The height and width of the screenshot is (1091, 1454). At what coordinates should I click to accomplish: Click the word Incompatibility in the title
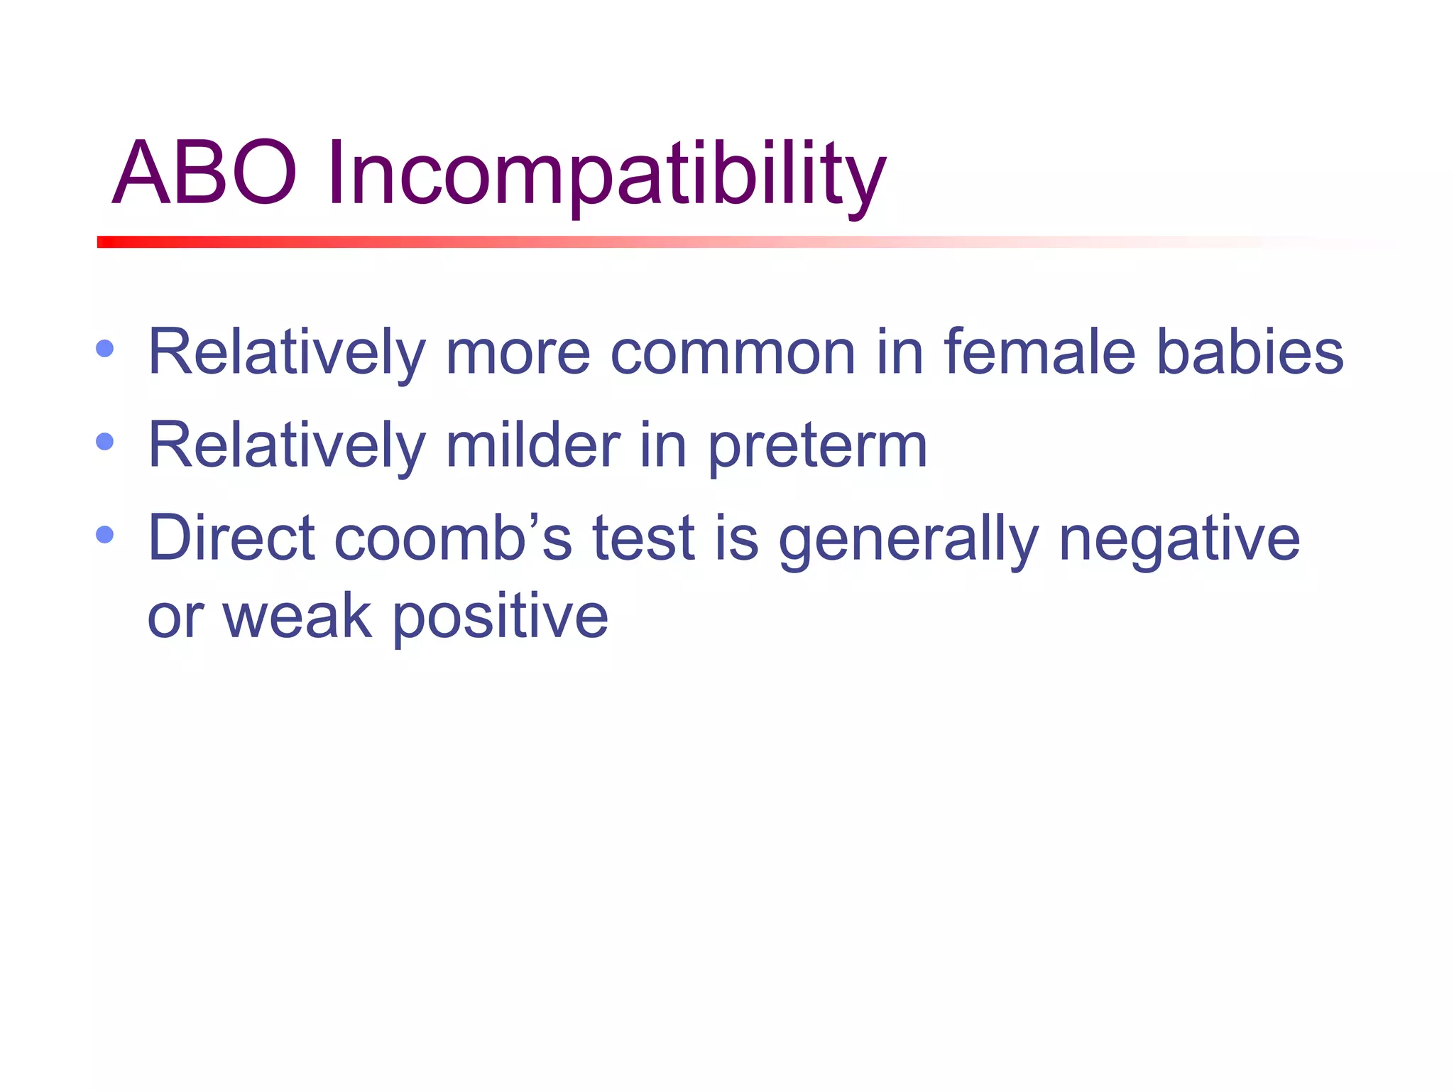(606, 175)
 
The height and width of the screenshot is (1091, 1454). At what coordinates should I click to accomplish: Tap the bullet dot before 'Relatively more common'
(104, 349)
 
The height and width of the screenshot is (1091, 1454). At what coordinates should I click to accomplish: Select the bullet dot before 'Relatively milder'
(104, 442)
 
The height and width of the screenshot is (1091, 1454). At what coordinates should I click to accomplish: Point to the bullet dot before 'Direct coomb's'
(104, 534)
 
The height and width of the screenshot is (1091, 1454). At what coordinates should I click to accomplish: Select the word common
(733, 352)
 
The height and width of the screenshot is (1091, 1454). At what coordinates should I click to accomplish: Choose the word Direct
(231, 538)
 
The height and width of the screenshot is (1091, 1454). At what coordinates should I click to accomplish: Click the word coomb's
(452, 538)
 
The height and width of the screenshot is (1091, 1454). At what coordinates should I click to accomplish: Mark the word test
(643, 539)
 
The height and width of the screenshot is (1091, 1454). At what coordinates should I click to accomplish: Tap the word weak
(297, 616)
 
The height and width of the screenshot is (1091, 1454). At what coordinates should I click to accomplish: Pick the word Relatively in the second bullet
(286, 445)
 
